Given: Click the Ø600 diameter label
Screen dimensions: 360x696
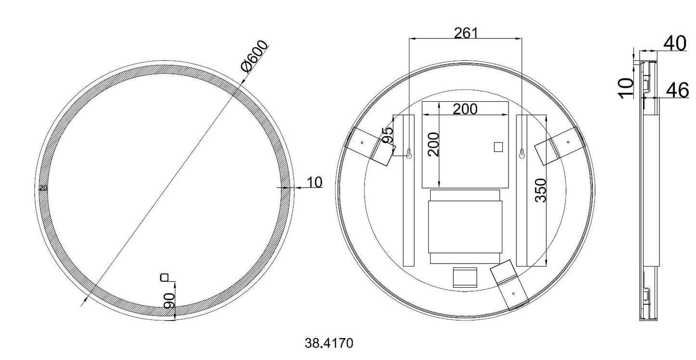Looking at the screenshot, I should click(x=255, y=57).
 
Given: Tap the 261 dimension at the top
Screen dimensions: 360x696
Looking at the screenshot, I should click(x=465, y=33).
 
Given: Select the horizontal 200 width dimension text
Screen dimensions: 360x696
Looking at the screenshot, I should click(x=465, y=109).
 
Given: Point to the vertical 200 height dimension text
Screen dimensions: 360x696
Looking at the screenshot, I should click(x=434, y=144).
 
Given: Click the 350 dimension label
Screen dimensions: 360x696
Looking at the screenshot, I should click(x=541, y=190).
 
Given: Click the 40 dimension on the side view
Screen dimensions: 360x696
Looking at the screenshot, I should click(x=675, y=43).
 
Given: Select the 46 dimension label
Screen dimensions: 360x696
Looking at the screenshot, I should click(x=677, y=90).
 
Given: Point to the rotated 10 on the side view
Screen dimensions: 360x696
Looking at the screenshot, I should click(x=626, y=88).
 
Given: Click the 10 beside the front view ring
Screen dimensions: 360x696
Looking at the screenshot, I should click(x=314, y=182).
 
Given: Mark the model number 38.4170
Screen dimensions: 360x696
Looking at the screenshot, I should click(x=329, y=343).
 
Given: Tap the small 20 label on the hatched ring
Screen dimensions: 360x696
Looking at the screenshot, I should click(x=43, y=188).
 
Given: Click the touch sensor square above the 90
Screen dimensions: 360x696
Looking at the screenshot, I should click(x=165, y=277).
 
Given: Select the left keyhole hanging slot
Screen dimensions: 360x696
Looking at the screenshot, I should click(x=409, y=154).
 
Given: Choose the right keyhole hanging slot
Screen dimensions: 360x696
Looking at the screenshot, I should click(x=522, y=154).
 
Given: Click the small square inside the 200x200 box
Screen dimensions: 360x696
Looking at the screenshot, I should click(x=498, y=147).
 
